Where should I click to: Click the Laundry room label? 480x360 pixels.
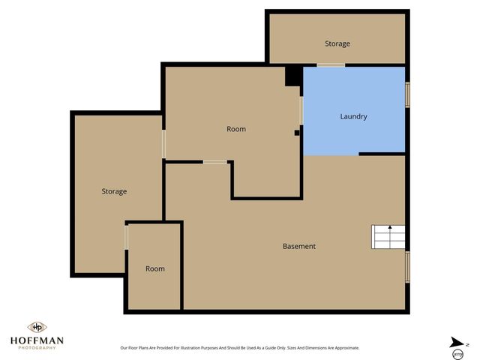353,116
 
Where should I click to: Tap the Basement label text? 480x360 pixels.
298,246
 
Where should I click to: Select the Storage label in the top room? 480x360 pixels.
337,43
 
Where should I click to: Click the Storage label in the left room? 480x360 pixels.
114,191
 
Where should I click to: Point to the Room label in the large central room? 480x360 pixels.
236,129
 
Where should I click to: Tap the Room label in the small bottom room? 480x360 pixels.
154,268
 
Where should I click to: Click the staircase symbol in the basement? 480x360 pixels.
388,237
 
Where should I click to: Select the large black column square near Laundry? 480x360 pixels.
293,76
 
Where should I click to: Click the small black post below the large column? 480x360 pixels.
297,133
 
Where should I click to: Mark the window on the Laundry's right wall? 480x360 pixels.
408,95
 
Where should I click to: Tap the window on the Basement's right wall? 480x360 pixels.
408,266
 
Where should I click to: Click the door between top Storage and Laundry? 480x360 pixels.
330,65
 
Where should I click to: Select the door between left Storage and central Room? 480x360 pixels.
163,143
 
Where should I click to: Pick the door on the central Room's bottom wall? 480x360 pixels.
216,161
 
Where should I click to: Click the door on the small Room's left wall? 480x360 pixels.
127,238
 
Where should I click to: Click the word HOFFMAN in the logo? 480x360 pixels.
36,340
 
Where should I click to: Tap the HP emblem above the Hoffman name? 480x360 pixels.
36,327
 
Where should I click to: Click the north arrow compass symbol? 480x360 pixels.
457,343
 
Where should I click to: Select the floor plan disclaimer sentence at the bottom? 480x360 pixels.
240,348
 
